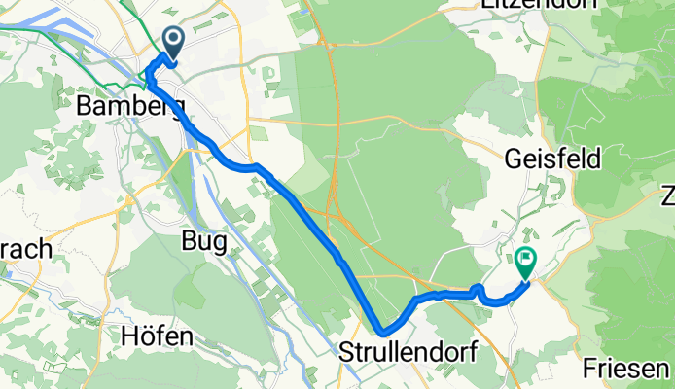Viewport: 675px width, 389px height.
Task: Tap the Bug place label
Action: click(204, 242)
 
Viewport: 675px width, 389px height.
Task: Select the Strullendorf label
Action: click(409, 353)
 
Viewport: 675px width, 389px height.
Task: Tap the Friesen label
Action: click(627, 369)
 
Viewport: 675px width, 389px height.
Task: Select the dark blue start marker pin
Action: click(174, 42)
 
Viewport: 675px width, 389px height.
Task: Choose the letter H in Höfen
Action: click(128, 337)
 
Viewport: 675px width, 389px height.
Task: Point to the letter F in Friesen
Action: click(591, 369)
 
